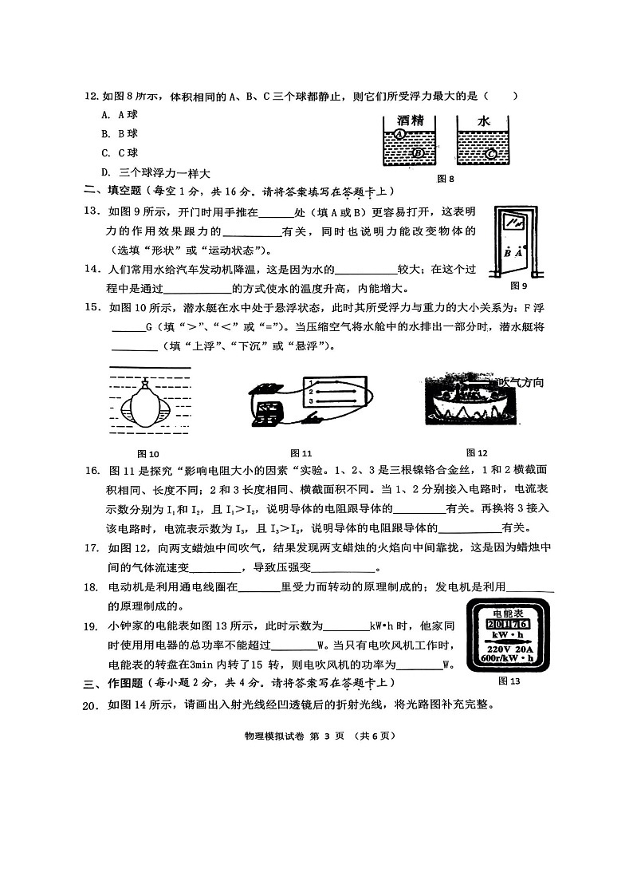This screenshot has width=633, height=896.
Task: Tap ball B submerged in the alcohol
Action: pos(417,152)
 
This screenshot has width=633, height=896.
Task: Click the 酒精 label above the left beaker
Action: pos(408,120)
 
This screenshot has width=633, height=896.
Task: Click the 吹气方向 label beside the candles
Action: pos(521,383)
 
